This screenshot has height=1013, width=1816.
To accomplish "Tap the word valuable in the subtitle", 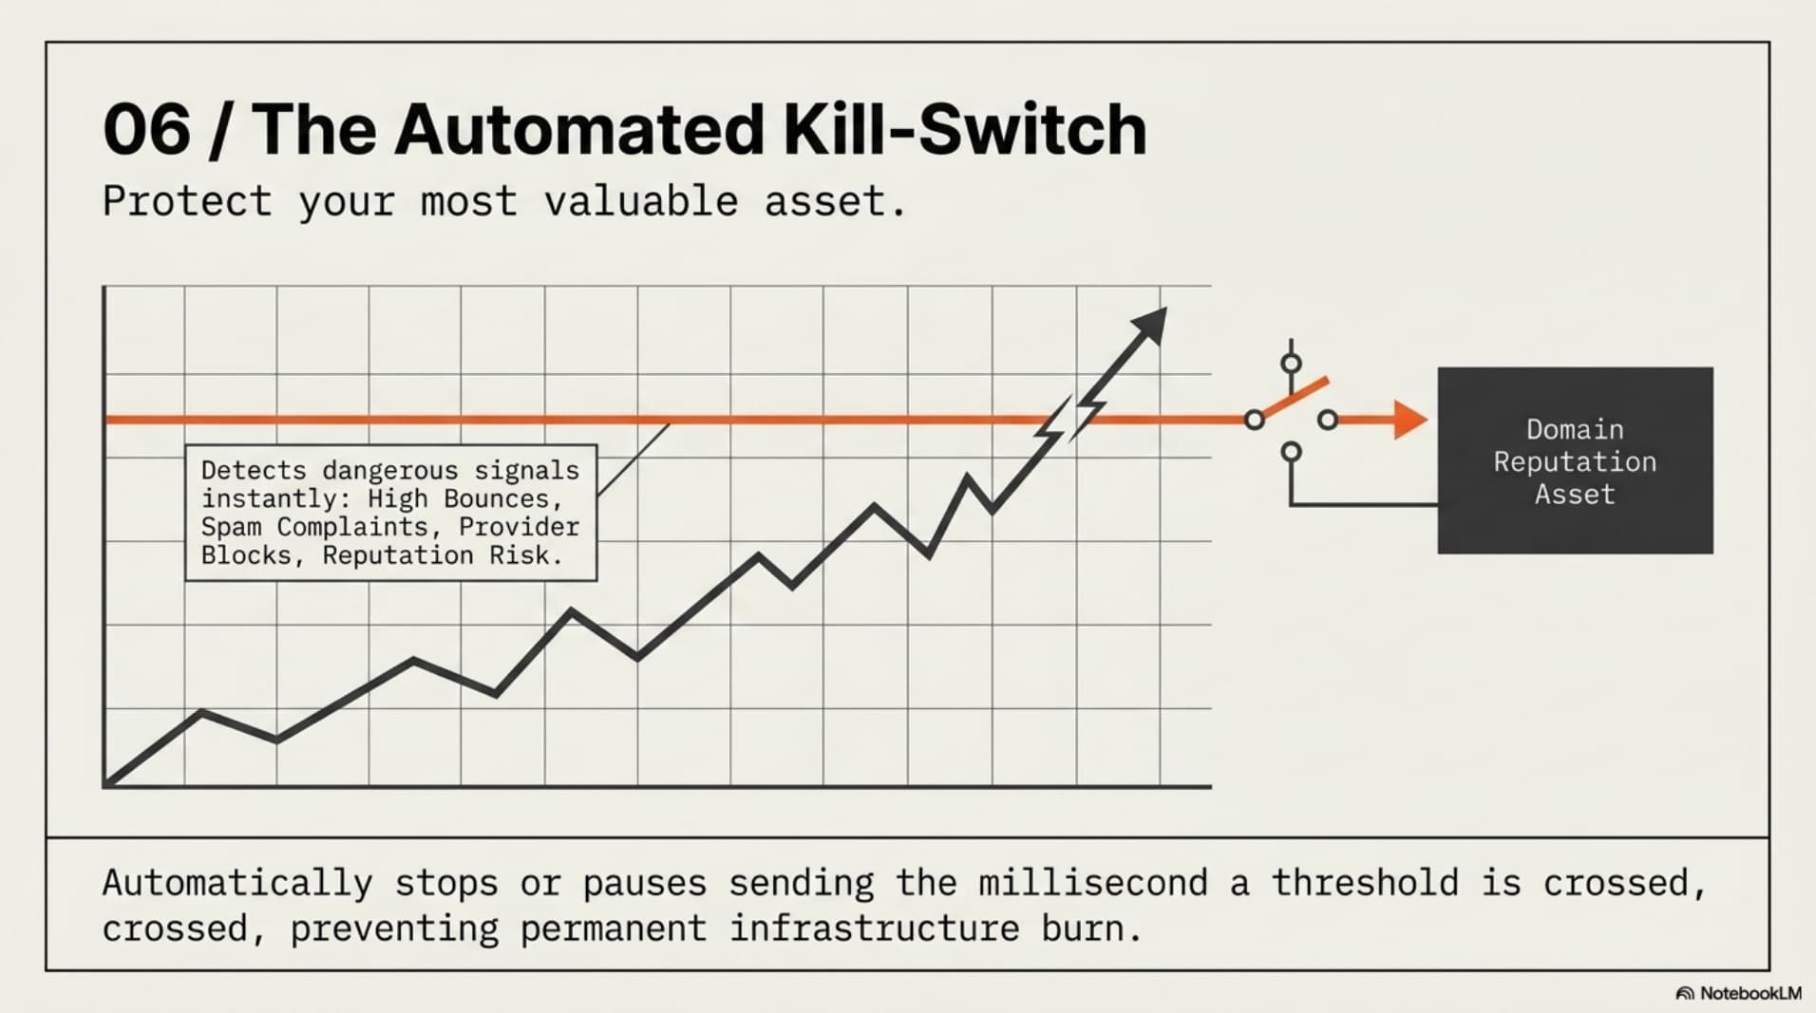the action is click(x=640, y=201).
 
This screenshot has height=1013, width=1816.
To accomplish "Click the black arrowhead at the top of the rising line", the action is click(x=1148, y=327).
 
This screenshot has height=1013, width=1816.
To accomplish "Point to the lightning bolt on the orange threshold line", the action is click(x=1070, y=419).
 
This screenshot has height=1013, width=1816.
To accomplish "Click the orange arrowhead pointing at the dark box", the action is click(x=1410, y=420).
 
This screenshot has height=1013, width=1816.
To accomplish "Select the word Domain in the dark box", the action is click(x=1575, y=429).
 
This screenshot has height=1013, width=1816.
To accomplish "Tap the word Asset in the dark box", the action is click(x=1575, y=494).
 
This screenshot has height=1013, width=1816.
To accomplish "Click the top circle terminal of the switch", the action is click(x=1291, y=364).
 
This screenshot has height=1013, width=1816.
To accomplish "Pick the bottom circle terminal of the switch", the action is click(x=1291, y=452).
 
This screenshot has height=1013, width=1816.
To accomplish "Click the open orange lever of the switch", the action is click(x=1294, y=399).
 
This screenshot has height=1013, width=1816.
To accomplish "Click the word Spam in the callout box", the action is click(x=231, y=527).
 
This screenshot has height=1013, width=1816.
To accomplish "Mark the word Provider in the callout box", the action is click(x=519, y=527).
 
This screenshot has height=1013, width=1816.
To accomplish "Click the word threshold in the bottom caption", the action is click(x=1365, y=883).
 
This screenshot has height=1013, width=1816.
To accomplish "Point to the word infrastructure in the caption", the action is click(x=875, y=929).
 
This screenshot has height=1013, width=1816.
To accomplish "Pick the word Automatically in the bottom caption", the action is click(x=237, y=884).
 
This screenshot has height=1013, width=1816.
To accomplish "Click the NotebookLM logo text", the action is click(x=1750, y=993).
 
